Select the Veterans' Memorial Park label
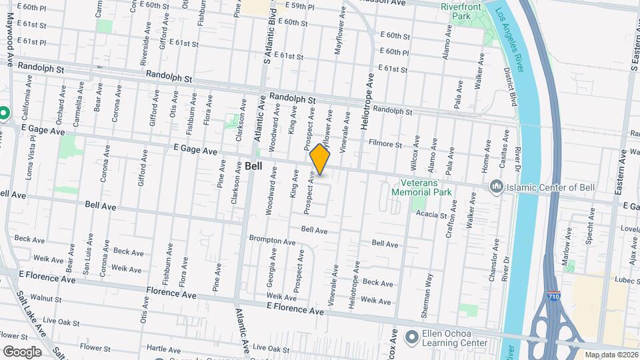pos(426,187)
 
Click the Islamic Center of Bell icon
pos(496,186)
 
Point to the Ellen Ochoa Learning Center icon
pos(411,334)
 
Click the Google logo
pos(22,351)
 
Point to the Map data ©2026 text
pos(609,355)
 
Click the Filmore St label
pos(386,144)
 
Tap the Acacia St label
pos(430,215)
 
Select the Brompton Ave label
pos(272,240)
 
